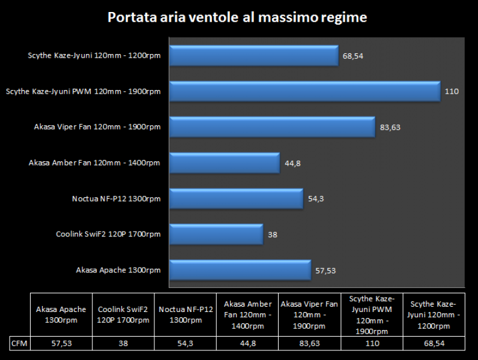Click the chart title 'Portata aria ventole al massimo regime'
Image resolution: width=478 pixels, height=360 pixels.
tap(237, 17)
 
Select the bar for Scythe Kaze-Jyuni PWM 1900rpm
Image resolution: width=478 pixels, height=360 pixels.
tap(304, 91)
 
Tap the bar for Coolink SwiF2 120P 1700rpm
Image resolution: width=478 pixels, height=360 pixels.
tap(216, 234)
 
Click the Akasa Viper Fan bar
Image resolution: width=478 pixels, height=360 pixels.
tap(272, 127)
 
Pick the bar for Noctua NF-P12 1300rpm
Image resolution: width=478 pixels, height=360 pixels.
tap(236, 199)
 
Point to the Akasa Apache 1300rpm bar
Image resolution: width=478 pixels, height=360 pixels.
tap(240, 270)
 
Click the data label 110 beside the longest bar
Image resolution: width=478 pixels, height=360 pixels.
tap(452, 92)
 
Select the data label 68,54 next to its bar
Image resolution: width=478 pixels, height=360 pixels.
tap(353, 56)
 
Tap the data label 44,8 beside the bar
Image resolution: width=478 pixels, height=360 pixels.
tap(292, 163)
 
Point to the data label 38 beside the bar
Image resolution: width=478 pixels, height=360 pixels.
tap(272, 235)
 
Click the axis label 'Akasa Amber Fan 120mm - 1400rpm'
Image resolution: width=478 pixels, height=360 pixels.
tap(94, 163)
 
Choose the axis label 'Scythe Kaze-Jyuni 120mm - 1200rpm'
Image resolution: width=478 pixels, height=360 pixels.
tap(94, 56)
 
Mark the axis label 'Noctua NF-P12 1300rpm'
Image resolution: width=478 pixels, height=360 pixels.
tap(116, 199)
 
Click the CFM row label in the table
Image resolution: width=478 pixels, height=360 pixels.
tap(19, 344)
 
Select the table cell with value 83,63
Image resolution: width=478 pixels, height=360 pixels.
tap(309, 344)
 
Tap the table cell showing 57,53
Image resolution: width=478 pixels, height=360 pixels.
tap(60, 344)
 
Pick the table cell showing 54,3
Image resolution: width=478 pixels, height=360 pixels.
tap(185, 344)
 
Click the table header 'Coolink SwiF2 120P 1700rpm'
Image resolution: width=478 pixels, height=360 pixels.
tap(123, 315)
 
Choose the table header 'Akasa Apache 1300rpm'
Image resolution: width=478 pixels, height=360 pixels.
tap(60, 315)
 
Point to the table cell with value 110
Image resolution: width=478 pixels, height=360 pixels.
tap(372, 344)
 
